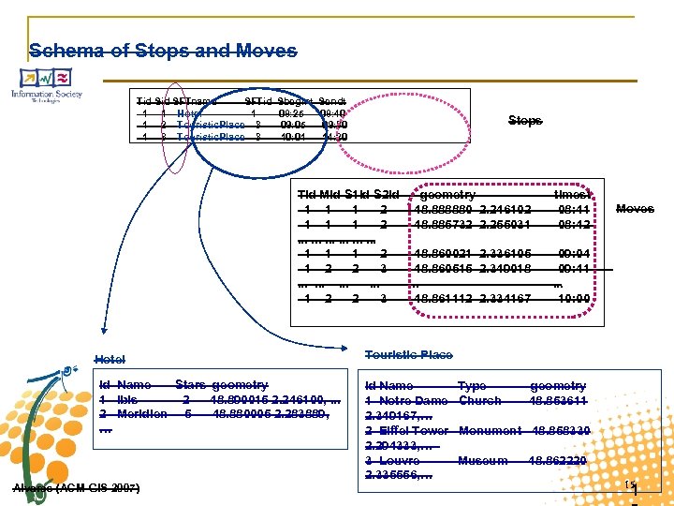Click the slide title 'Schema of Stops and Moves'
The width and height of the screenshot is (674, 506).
click(x=163, y=51)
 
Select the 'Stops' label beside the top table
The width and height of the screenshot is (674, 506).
click(x=525, y=120)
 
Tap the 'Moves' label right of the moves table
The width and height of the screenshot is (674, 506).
click(x=635, y=209)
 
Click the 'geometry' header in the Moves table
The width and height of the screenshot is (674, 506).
click(x=447, y=194)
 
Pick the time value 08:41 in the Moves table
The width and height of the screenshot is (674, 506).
click(x=572, y=209)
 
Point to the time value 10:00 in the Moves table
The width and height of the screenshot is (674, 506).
click(x=572, y=298)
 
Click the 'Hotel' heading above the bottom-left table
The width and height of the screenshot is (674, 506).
click(x=110, y=359)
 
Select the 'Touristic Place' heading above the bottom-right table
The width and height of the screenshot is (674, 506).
click(x=408, y=355)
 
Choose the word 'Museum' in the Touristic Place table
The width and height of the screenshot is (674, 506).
click(x=483, y=460)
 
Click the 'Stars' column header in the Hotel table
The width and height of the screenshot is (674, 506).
click(x=191, y=385)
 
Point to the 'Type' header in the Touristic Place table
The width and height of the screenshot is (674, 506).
click(x=472, y=385)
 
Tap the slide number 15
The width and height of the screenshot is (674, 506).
click(x=629, y=484)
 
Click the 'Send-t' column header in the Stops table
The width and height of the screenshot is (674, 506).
click(x=332, y=100)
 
